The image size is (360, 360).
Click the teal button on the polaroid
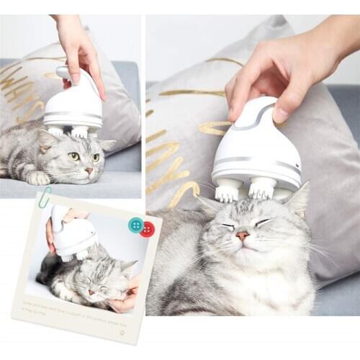pyautogui.click(x=135, y=225)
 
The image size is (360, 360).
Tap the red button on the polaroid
pyautogui.click(x=147, y=230)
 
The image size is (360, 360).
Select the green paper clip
pyautogui.click(x=44, y=197)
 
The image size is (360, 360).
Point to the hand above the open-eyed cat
pyautogui.click(x=79, y=47)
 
